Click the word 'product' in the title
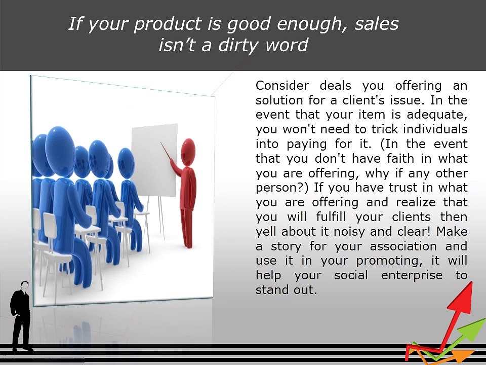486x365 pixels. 168,24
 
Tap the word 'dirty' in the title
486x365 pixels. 238,45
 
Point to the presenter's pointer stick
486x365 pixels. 166,151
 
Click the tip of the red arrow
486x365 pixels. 471,282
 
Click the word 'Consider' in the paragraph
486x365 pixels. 282,85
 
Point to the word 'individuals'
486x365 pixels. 435,129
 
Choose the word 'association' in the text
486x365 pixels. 403,246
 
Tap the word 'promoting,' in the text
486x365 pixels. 389,261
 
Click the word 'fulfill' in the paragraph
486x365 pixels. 331,216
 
